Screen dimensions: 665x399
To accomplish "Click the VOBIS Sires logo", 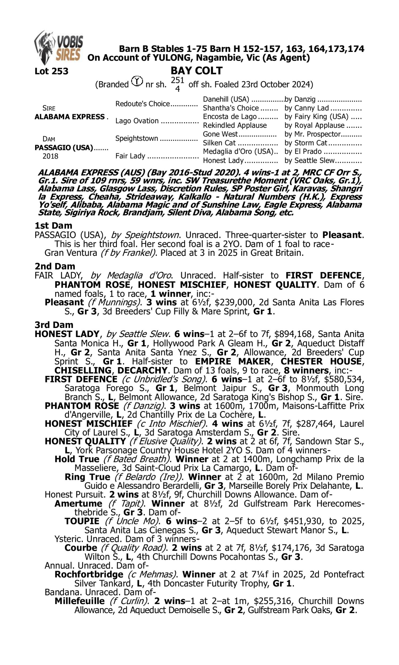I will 59,48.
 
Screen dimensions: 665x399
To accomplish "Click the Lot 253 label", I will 51,71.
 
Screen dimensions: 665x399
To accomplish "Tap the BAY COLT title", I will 197,71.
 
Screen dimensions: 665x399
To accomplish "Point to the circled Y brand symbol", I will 137,81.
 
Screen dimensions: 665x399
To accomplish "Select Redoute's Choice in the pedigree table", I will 143,104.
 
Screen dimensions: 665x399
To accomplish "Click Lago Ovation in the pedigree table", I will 137,121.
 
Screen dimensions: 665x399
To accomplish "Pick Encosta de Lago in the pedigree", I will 230,117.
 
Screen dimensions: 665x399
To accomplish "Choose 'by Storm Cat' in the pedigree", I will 306,143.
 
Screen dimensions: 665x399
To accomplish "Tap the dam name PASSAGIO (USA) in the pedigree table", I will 64,148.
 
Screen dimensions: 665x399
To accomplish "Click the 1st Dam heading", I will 53,226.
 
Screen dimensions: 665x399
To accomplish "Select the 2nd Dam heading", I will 55,266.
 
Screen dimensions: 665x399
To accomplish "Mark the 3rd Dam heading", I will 54,325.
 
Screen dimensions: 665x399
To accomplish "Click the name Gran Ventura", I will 71,253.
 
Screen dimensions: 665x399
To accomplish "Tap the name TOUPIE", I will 82,521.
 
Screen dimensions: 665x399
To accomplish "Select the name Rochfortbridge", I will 89,574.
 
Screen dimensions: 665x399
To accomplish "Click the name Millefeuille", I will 80,601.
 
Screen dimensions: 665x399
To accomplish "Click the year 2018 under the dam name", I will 50,156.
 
